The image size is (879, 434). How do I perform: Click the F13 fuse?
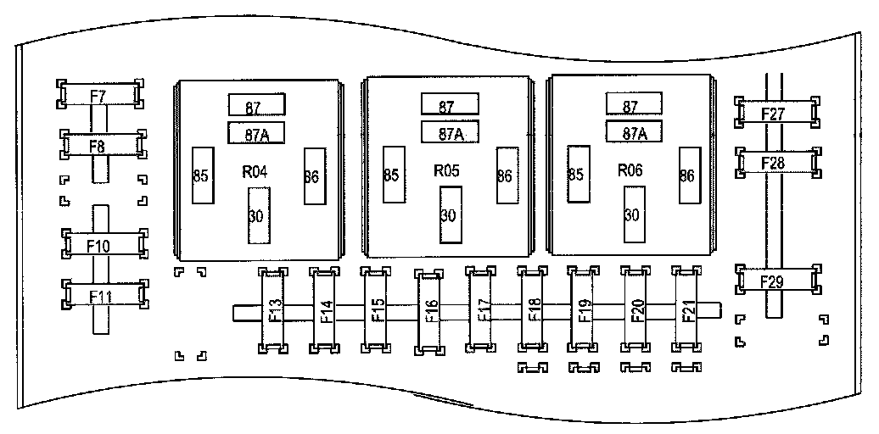tap(274, 311)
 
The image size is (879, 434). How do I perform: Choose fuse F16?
tap(429, 312)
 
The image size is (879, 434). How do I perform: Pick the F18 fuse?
tap(533, 311)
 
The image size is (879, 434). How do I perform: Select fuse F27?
tap(775, 112)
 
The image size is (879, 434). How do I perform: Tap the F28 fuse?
tap(775, 161)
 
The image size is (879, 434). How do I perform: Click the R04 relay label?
tap(255, 171)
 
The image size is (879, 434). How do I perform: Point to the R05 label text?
tap(447, 170)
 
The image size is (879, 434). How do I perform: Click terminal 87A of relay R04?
tap(255, 133)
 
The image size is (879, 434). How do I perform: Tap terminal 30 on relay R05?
tap(450, 214)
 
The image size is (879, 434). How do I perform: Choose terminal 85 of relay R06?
tap(578, 174)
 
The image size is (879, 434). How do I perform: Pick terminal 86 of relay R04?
tap(312, 176)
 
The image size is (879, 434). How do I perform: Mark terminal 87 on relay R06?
tap(632, 106)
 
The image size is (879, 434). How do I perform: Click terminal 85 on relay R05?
tap(392, 174)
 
